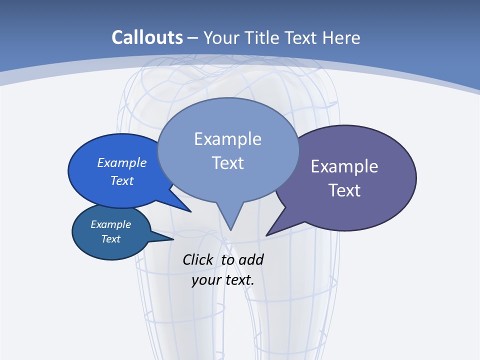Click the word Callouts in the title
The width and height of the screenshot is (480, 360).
(x=147, y=37)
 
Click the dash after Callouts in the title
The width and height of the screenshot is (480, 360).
(x=193, y=38)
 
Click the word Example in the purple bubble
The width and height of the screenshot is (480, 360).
(x=344, y=166)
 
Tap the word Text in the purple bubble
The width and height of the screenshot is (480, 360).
(x=344, y=190)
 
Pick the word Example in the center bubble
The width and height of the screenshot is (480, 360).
(x=227, y=139)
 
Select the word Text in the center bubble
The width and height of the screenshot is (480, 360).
(x=227, y=163)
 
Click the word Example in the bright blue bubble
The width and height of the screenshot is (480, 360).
(x=122, y=162)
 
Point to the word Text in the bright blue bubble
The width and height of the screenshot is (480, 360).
(x=122, y=180)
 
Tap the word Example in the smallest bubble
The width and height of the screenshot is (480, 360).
(x=110, y=224)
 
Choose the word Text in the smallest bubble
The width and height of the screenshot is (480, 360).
(x=110, y=239)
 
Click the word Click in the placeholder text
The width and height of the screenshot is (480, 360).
(x=197, y=260)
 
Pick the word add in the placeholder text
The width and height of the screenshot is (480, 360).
(x=251, y=260)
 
